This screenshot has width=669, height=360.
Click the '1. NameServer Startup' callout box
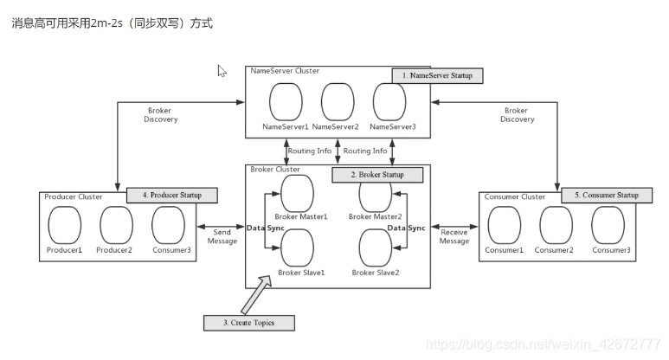(437, 75)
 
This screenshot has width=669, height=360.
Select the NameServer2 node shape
(338, 102)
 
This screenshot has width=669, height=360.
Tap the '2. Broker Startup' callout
(378, 175)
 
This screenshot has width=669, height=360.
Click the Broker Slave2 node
(376, 248)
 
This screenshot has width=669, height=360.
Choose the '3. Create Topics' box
(249, 323)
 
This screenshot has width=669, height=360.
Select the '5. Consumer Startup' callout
(605, 195)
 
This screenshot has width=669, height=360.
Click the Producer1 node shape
(64, 225)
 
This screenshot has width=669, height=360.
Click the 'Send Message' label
(222, 236)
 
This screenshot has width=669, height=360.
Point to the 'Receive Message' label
(454, 236)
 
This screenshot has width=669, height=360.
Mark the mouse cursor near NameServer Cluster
(222, 71)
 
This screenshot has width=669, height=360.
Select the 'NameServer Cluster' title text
(283, 71)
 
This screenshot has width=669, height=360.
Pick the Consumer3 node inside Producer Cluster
(168, 225)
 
